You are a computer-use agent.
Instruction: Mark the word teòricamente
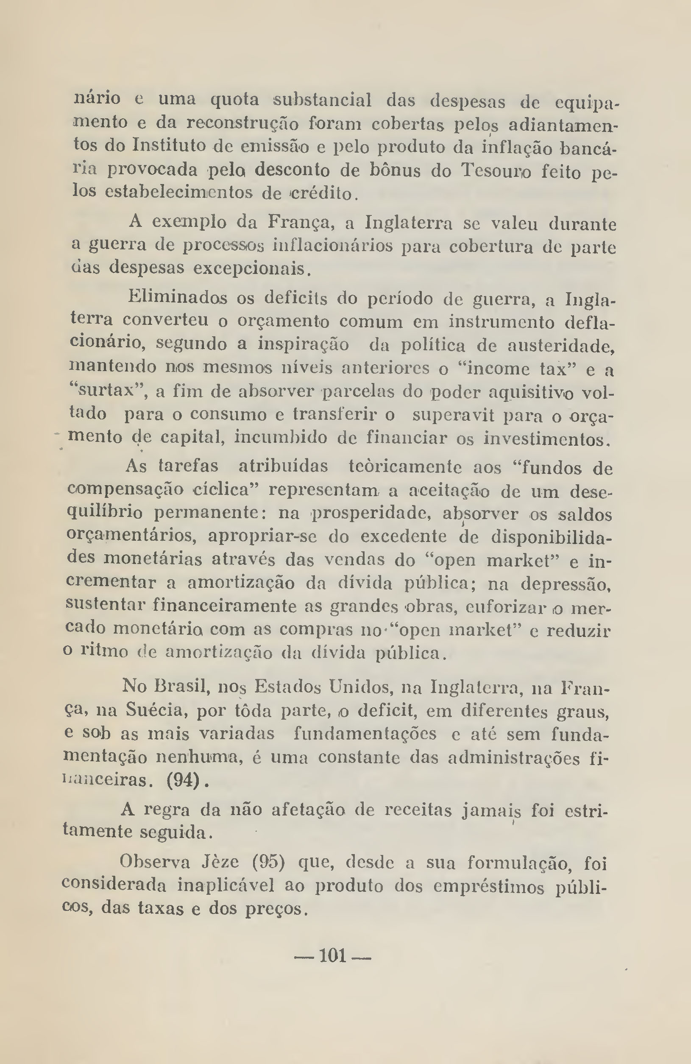point(405,467)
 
